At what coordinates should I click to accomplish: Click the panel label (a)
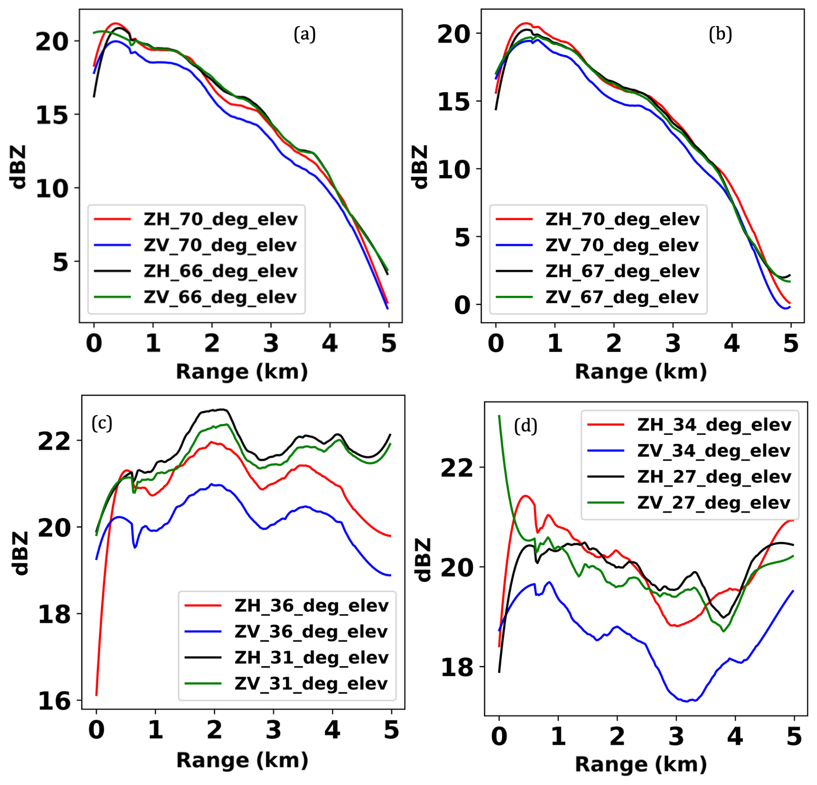click(x=304, y=34)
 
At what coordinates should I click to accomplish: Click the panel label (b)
click(x=720, y=34)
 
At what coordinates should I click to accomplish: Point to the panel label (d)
click(x=526, y=426)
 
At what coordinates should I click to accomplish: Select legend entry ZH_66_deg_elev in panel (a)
click(x=220, y=271)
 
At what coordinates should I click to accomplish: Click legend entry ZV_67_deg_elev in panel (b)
click(x=622, y=297)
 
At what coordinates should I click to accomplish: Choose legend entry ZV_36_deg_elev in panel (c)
click(x=311, y=631)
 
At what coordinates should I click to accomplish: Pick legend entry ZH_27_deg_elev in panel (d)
click(x=714, y=477)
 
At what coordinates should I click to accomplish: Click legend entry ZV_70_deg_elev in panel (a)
click(x=220, y=245)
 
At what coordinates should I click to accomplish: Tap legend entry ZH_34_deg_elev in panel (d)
click(x=714, y=425)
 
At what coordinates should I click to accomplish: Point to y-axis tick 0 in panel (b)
click(x=462, y=305)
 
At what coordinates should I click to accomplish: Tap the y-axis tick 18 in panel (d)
click(x=456, y=667)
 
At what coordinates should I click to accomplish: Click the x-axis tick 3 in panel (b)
click(x=673, y=344)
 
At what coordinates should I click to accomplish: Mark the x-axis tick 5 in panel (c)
click(x=391, y=730)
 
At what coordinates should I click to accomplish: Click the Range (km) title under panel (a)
click(x=242, y=371)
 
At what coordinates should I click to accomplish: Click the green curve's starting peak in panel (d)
click(x=499, y=416)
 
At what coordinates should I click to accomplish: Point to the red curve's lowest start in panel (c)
click(x=96, y=695)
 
